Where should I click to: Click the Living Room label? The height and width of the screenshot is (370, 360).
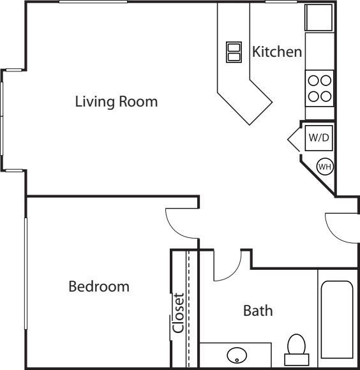(116, 101)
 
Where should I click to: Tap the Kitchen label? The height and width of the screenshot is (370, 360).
(277, 52)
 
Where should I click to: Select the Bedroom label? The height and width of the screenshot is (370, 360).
(99, 286)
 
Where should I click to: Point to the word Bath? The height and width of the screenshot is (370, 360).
(258, 311)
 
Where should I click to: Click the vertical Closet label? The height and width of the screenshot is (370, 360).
(179, 313)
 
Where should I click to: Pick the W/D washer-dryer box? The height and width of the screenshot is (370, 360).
(319, 138)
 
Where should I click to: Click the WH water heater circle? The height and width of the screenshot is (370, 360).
(325, 166)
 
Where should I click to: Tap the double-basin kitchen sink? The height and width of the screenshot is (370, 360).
(234, 52)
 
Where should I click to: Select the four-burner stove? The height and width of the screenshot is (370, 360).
(319, 88)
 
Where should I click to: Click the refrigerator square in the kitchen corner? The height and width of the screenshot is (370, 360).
(319, 18)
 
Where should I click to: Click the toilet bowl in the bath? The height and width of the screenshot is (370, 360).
(296, 344)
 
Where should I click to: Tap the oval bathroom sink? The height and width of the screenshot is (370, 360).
(237, 355)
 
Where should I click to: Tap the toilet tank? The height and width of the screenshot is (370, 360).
(297, 360)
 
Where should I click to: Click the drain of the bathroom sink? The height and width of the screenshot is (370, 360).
(237, 360)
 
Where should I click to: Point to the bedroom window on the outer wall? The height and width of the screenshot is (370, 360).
(26, 274)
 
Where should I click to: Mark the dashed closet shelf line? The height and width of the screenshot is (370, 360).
(188, 309)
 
